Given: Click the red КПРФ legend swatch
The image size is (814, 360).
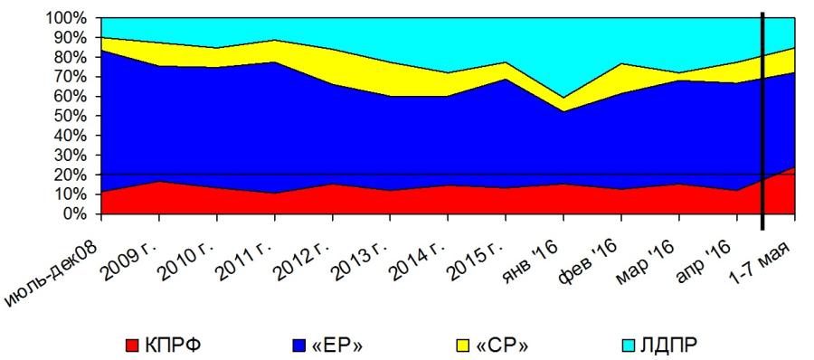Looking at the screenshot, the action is (x=134, y=345).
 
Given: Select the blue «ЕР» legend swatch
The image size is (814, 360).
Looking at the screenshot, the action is (x=300, y=345).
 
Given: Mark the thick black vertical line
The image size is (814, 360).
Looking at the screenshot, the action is (x=762, y=120).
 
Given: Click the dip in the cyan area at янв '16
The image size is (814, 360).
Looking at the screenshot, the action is (x=563, y=97).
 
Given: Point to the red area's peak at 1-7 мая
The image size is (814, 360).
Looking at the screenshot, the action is (x=793, y=168).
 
